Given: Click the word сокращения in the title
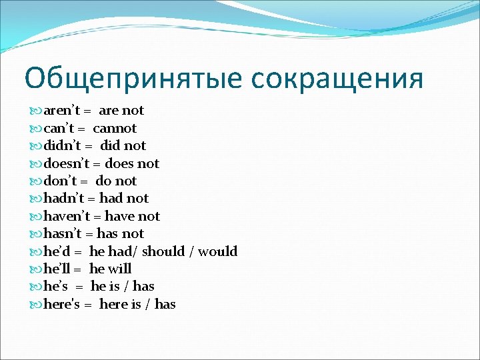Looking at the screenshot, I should click(337, 79).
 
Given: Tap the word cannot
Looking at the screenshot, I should click(115, 128).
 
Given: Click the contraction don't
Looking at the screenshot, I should click(61, 181).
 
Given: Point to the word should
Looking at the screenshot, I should click(163, 251).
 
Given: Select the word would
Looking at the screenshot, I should click(218, 251).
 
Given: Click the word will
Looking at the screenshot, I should click(120, 269).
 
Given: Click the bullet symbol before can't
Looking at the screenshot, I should click(36, 128).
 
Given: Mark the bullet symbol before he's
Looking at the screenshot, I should click(36, 287).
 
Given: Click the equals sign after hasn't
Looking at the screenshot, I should click(91, 234).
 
